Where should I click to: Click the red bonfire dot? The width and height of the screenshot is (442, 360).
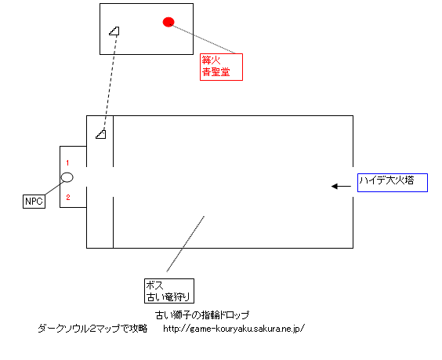click(168, 22)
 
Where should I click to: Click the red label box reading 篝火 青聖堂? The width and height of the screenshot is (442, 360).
click(221, 67)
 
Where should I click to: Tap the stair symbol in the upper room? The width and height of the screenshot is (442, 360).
click(114, 31)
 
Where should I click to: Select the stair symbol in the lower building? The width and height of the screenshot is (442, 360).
click(100, 134)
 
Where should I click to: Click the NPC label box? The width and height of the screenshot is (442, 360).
click(34, 202)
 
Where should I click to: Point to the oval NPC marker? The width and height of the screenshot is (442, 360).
click(67, 177)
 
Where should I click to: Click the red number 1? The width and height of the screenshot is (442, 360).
click(67, 163)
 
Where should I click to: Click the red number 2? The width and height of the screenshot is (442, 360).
click(68, 197)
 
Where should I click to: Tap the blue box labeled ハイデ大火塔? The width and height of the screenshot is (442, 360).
click(393, 183)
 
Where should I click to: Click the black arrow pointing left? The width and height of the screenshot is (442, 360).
click(341, 186)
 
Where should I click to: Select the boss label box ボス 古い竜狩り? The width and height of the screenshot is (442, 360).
click(169, 291)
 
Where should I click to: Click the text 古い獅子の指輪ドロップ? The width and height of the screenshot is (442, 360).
click(202, 315)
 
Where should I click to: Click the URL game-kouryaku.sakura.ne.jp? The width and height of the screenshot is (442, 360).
click(234, 329)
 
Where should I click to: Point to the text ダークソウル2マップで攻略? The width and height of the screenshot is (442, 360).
click(92, 329)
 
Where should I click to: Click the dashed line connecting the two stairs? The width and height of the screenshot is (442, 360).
click(110, 82)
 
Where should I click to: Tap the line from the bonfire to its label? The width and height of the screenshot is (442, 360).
click(202, 39)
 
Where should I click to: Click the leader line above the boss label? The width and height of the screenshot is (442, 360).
click(186, 244)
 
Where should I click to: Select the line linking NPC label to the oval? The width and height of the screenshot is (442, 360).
click(54, 188)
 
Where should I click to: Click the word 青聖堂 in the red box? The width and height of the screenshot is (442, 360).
click(216, 72)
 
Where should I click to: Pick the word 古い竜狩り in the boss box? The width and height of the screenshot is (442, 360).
click(168, 297)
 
